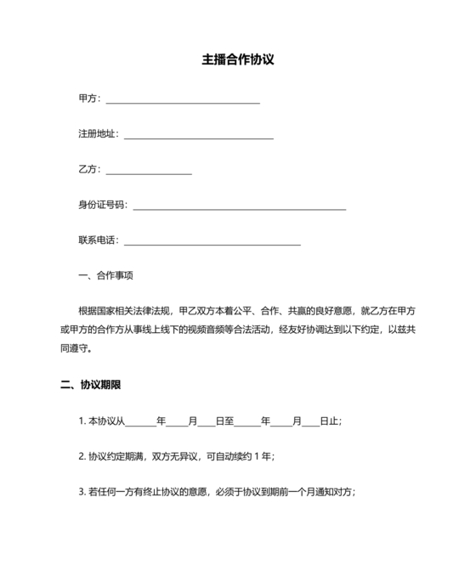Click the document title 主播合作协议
tap(238, 61)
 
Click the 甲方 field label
tap(88, 99)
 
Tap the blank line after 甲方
tap(182, 101)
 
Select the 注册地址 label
tap(98, 134)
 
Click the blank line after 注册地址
tap(199, 137)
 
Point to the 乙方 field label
tap(88, 169)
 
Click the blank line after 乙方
tap(149, 172)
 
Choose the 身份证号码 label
tap(102, 205)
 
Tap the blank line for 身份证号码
tap(240, 208)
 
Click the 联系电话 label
tap(98, 240)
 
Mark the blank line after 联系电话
tap(212, 244)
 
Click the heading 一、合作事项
tap(105, 276)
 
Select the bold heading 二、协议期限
tap(91, 384)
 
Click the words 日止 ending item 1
tap(330, 421)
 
